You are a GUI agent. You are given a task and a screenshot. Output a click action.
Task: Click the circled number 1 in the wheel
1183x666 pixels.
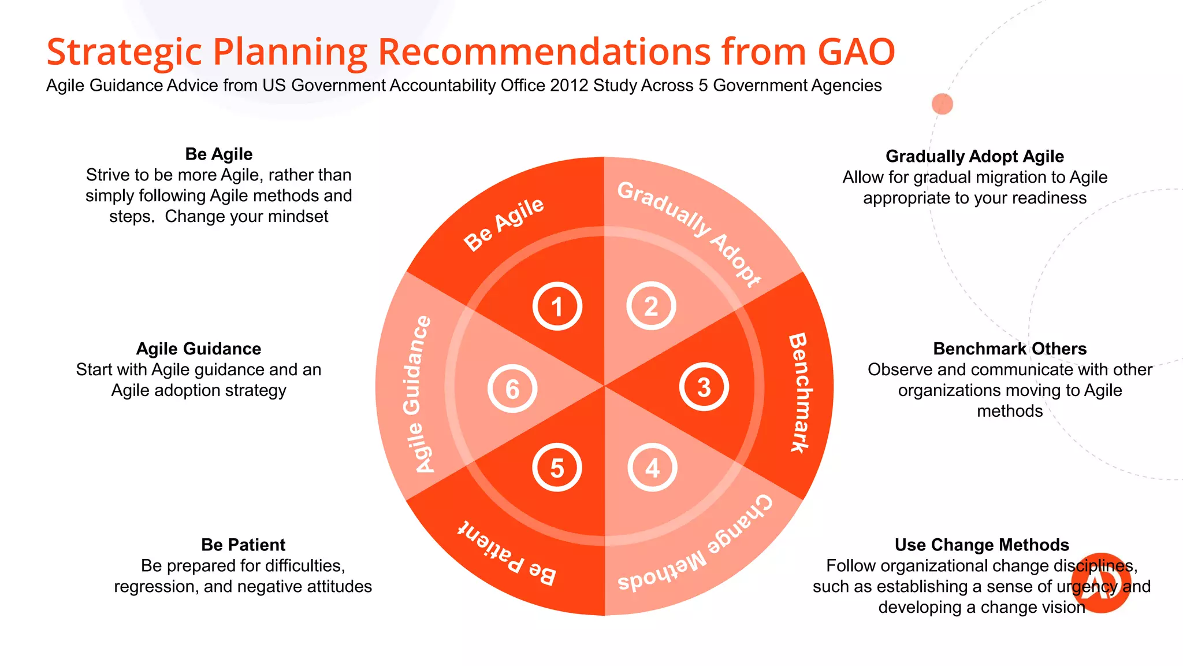557,306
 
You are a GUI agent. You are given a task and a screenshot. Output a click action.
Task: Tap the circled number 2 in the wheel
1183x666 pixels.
651,306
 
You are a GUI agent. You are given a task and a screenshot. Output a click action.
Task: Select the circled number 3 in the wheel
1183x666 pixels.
704,387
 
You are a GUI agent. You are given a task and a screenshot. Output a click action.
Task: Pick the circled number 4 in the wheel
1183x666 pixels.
652,467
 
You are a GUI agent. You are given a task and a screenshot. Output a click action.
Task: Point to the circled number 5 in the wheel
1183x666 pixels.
557,467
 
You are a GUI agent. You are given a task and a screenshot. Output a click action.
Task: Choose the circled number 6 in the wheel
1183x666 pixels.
512,388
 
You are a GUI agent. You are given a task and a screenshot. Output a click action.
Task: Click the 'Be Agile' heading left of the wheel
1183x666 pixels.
219,154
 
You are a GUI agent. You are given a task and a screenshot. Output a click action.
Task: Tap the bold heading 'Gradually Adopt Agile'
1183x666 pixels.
974,157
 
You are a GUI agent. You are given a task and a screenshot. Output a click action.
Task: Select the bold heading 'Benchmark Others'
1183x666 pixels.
1010,349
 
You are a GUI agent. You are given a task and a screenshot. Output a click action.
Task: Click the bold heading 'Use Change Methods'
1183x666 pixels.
981,545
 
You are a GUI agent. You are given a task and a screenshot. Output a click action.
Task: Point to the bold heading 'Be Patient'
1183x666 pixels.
243,545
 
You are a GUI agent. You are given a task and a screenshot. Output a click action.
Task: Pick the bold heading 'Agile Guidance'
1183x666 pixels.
199,349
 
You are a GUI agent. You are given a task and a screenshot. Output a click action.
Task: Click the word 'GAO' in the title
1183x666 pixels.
856,52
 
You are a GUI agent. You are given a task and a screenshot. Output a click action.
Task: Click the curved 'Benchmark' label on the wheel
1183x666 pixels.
801,393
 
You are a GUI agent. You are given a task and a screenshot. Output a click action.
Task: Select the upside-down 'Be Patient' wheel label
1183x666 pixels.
507,554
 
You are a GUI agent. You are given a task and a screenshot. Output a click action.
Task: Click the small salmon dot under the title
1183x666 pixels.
942,104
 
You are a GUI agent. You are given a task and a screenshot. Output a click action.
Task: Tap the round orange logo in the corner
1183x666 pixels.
1101,583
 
